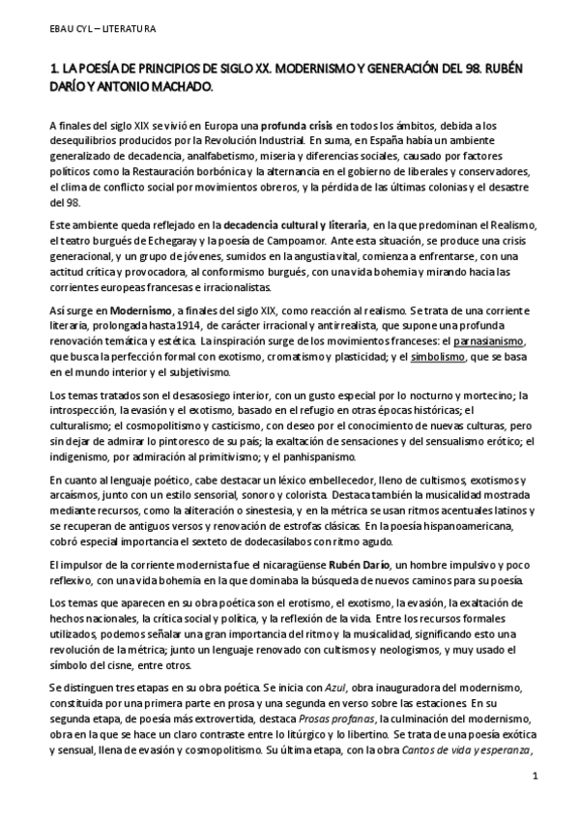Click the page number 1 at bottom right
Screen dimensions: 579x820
pos(535,778)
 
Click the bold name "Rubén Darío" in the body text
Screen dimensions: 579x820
pos(346,566)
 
